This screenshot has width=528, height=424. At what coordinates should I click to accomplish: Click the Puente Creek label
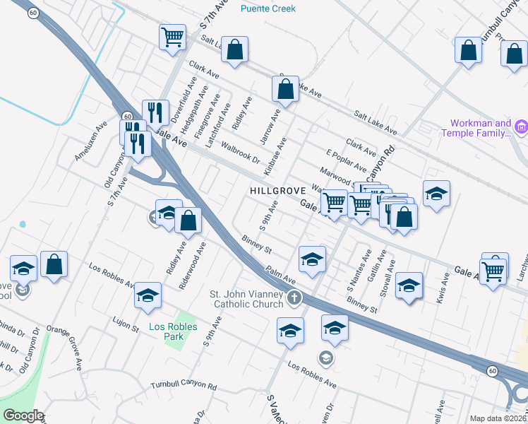(268, 8)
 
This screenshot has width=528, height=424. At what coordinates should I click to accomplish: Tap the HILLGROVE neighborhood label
(277, 191)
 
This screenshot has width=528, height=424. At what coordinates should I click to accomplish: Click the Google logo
(23, 416)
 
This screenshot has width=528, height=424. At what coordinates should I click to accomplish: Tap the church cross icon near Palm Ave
(294, 298)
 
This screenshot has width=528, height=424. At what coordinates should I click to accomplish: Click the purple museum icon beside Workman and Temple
(522, 127)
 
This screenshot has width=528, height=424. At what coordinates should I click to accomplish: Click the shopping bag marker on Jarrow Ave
(285, 90)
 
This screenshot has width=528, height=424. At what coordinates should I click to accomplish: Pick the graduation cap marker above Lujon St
(148, 295)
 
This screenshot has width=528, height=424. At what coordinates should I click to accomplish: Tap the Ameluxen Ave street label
(91, 140)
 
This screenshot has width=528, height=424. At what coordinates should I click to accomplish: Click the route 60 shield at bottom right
(493, 370)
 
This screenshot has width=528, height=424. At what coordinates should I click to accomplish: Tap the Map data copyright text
(498, 418)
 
